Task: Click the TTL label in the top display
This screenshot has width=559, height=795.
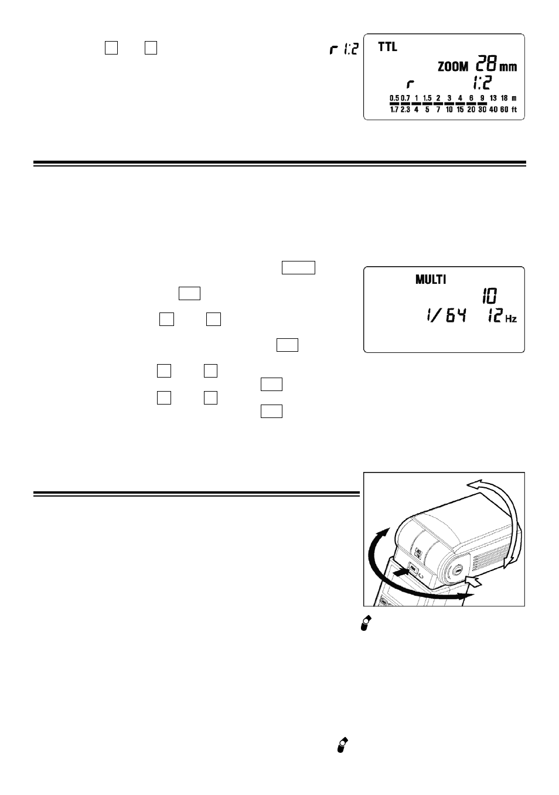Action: (x=387, y=47)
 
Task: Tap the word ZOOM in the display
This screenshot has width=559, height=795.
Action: (x=453, y=66)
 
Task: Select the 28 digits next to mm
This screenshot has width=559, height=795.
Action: (x=486, y=63)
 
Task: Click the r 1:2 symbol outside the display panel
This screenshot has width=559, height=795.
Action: (x=344, y=49)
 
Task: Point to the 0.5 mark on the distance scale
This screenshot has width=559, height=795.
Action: (x=394, y=98)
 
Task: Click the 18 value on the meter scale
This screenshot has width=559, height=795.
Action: (x=504, y=98)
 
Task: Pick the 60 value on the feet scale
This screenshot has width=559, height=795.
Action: (x=504, y=109)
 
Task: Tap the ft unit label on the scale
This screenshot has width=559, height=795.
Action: (x=514, y=109)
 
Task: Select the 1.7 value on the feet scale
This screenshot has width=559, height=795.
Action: (x=394, y=109)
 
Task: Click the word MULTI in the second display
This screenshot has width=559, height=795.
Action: (x=431, y=279)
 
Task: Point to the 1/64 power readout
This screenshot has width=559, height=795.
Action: (x=446, y=315)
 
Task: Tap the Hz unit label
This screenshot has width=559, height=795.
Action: (x=511, y=318)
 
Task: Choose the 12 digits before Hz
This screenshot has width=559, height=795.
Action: (x=495, y=315)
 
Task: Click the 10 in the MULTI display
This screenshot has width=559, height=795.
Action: (x=489, y=295)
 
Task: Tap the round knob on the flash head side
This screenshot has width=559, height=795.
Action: (x=458, y=571)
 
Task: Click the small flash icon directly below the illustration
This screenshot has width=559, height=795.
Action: (x=366, y=623)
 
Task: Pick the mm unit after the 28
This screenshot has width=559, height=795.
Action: (x=508, y=67)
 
